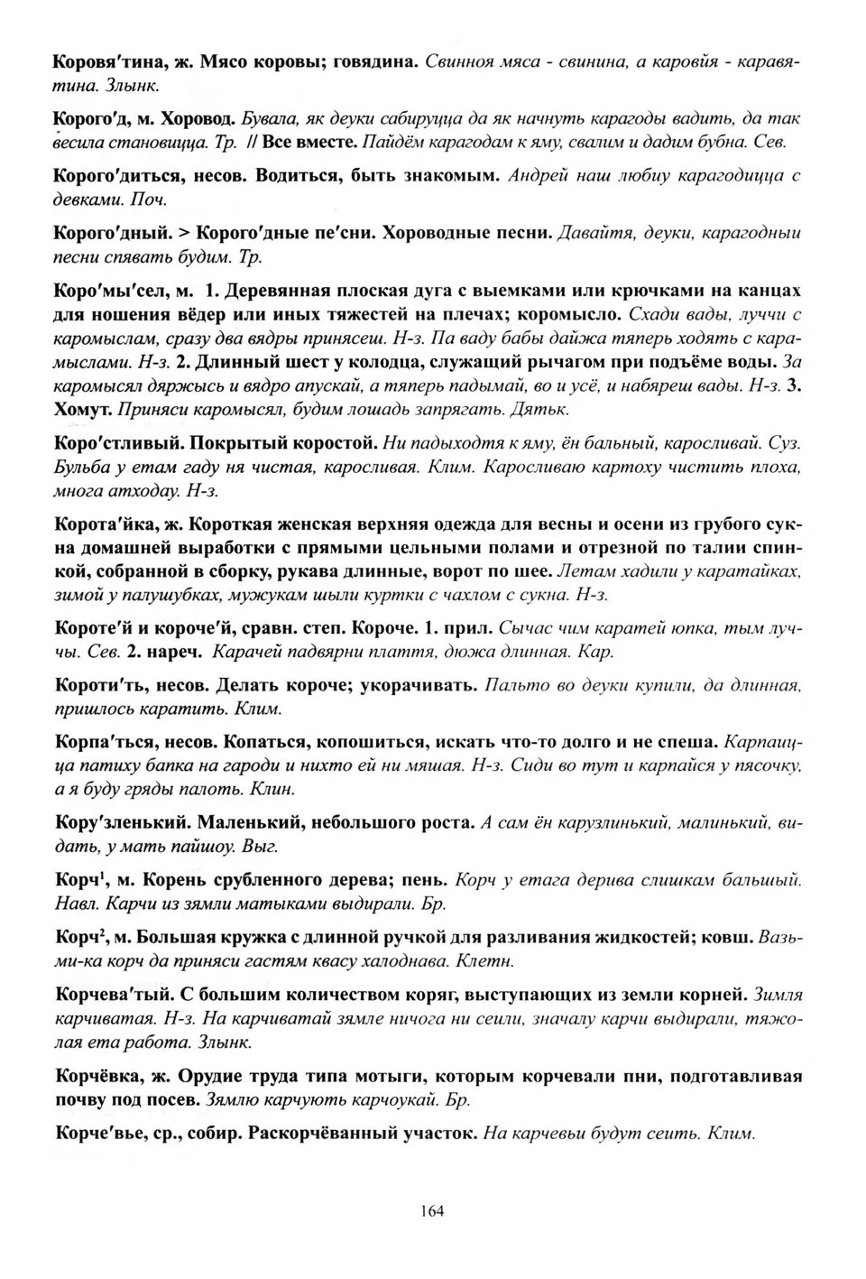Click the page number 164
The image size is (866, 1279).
tap(432, 1211)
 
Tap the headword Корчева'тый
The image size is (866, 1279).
tap(113, 995)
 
